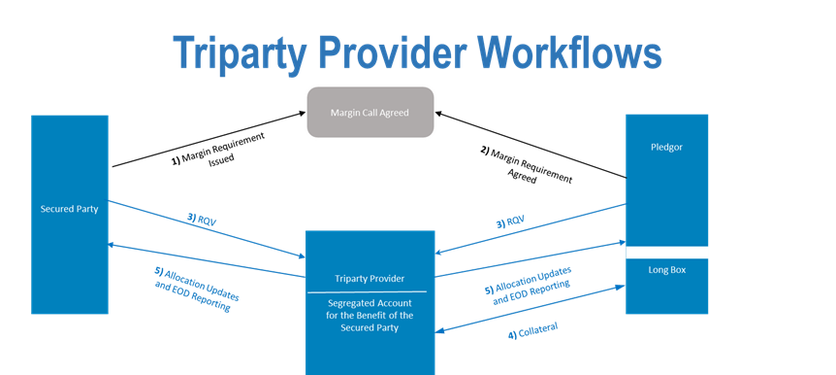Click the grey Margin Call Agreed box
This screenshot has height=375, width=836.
tap(370, 113)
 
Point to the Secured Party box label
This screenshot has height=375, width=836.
tap(68, 209)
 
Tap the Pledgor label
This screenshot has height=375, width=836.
tap(666, 149)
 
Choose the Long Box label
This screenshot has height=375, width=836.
tap(666, 269)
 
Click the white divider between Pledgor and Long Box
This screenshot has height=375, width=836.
tap(666, 253)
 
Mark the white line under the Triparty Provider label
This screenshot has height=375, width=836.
tap(366, 291)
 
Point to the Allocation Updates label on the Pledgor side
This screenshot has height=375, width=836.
tap(528, 283)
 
